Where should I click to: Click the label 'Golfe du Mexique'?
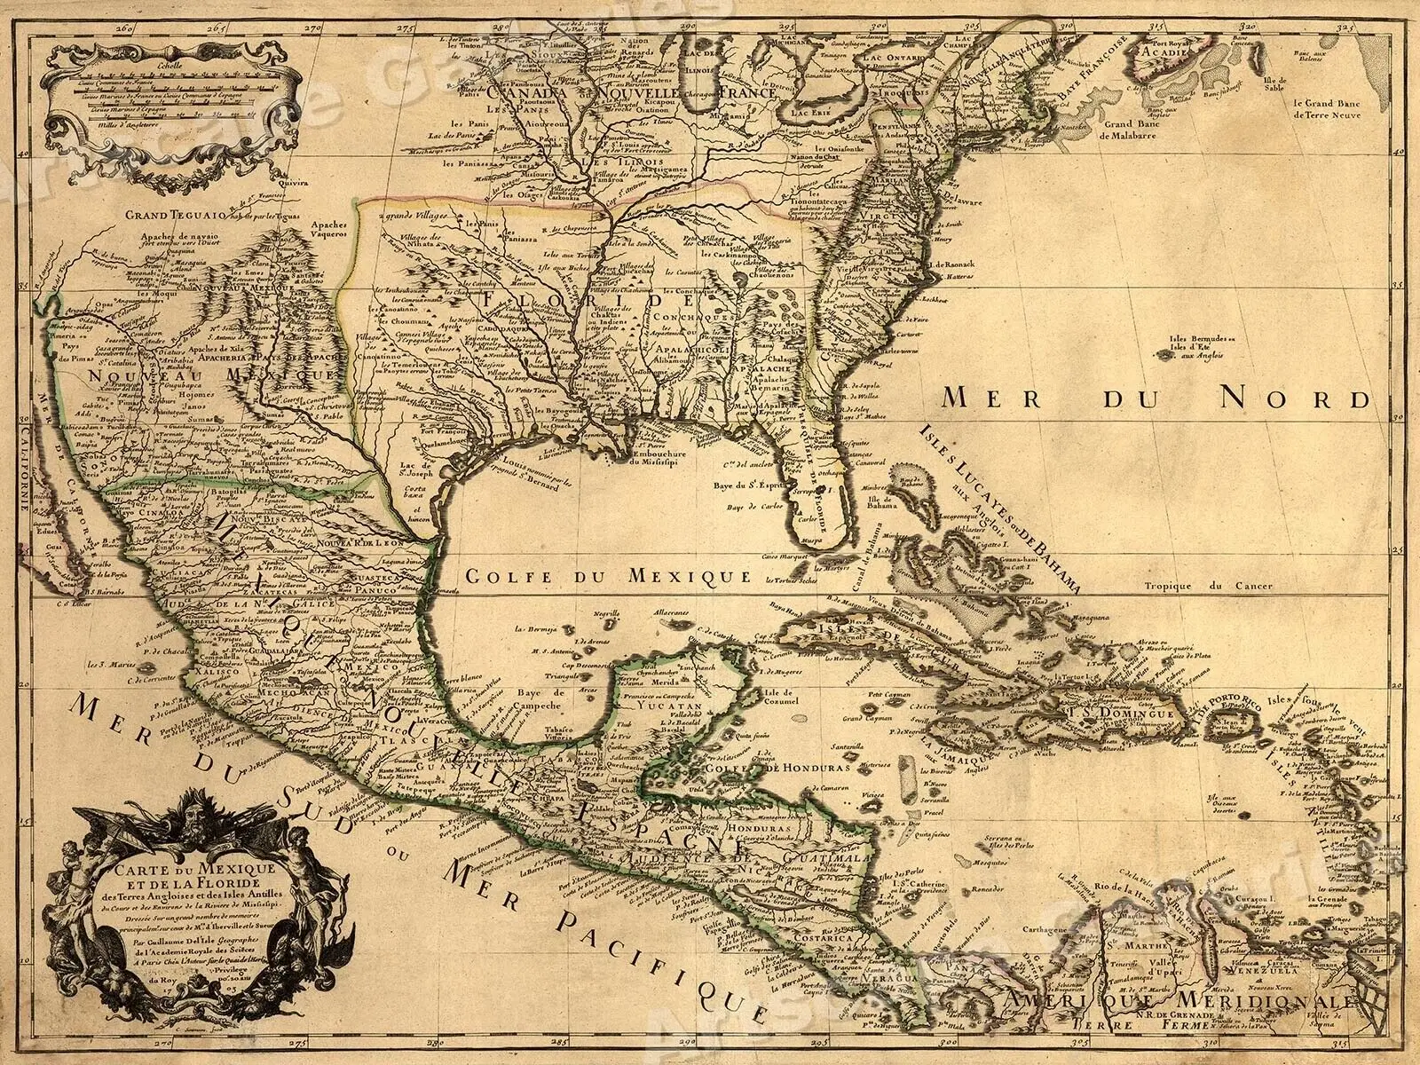click(603, 576)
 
